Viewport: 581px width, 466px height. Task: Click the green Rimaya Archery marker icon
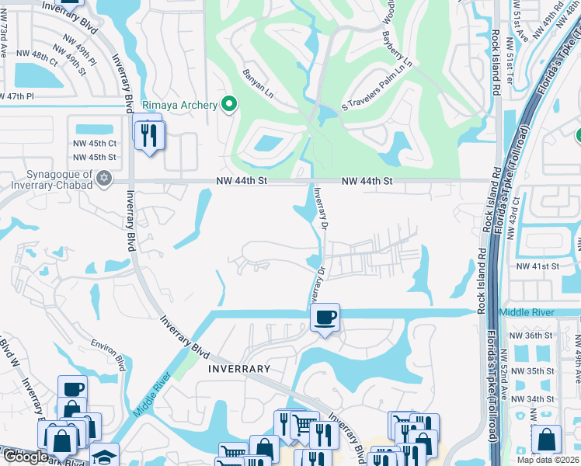[x=228, y=104]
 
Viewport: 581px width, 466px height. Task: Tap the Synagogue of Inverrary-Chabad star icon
[x=103, y=179]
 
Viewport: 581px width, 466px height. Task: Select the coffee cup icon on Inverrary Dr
[x=325, y=316]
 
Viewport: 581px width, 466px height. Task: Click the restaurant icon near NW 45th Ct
[x=147, y=134]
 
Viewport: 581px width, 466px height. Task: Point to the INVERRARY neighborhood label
[x=239, y=369]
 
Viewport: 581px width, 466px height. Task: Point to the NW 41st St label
[x=538, y=266]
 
